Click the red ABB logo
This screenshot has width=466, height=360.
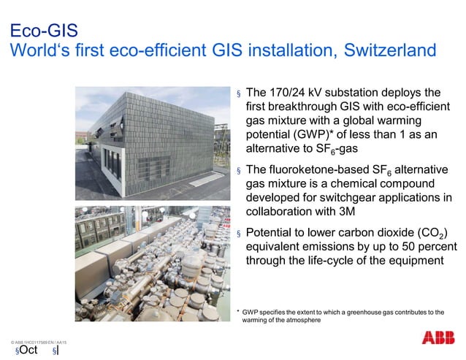pyautogui.click(x=438, y=337)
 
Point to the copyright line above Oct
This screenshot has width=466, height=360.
pyautogui.click(x=39, y=341)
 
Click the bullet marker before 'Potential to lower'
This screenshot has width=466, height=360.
pyautogui.click(x=238, y=234)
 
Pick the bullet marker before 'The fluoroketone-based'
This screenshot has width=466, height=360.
pyautogui.click(x=238, y=170)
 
